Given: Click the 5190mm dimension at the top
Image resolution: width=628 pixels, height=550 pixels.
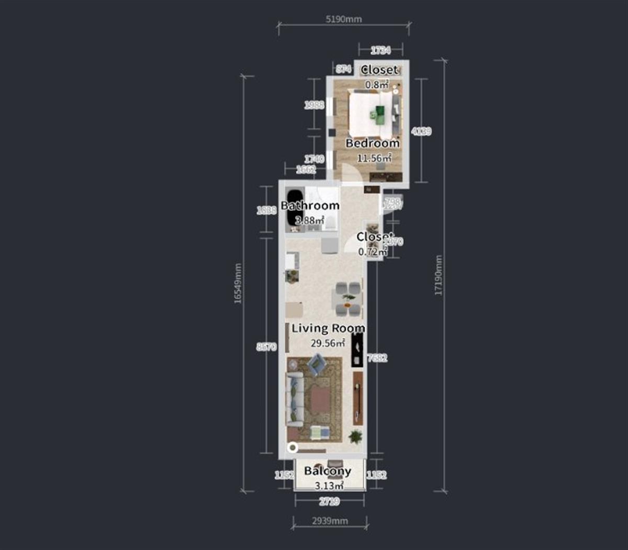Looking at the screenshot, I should point(343,19).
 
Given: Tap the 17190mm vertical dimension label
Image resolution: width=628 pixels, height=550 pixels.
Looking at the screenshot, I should point(439,275).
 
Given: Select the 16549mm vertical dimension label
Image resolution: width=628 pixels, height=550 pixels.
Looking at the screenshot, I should point(238,283).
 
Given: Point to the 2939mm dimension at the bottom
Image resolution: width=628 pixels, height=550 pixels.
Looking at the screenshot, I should point(330,521).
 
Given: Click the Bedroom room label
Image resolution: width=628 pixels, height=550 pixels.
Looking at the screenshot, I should point(372,143).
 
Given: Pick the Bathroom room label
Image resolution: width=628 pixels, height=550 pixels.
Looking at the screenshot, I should point(310,206).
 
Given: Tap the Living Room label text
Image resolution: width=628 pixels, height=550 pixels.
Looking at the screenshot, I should point(328,329).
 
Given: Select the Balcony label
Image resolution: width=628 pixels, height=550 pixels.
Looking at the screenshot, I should point(328,470).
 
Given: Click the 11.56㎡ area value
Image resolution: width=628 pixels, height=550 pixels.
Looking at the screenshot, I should point(374,158).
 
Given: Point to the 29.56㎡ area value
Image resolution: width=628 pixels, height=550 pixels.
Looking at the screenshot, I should point(328,343).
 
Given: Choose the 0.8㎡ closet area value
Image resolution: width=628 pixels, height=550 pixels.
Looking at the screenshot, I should point(377,84).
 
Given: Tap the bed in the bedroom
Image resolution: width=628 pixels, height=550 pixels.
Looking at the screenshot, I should point(373,113).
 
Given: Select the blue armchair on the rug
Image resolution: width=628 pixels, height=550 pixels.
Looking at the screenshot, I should point(316,364).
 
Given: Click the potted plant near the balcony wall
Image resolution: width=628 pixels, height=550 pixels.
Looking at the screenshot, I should point(356,436).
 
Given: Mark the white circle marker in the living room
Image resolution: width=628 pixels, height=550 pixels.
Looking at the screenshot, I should point(293,447).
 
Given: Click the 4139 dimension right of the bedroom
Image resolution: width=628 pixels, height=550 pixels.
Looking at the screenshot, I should point(421,131).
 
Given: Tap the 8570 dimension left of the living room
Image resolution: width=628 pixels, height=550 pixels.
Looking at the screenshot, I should point(266,346).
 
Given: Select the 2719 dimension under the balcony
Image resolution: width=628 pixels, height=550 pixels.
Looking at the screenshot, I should point(329,501).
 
